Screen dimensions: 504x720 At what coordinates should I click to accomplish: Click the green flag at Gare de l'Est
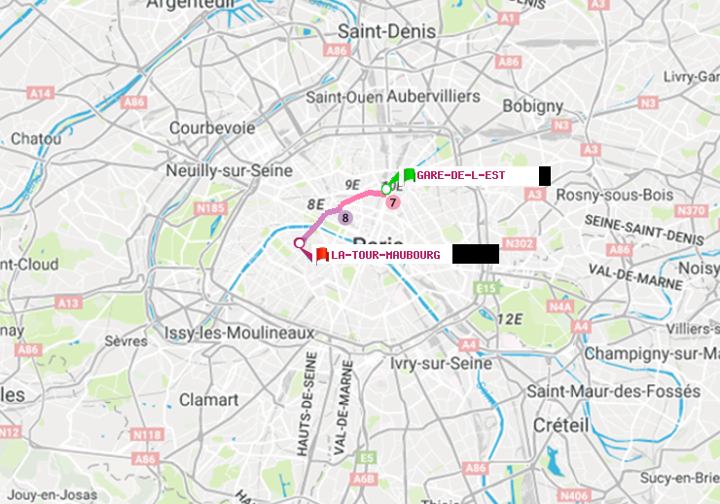pyautogui.click(x=410, y=175)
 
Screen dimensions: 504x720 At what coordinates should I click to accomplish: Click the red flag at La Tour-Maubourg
pyautogui.click(x=322, y=254)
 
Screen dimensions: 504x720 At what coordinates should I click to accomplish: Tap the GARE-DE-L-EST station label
pyautogui.click(x=460, y=175)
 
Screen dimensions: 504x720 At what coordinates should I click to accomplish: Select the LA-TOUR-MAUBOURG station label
pyautogui.click(x=385, y=255)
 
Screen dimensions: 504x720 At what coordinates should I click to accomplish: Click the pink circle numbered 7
pyautogui.click(x=392, y=202)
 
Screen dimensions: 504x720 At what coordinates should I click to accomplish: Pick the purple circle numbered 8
pyautogui.click(x=344, y=217)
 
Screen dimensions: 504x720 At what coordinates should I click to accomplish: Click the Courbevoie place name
pyautogui.click(x=212, y=127)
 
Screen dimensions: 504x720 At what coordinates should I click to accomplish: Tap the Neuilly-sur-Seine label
pyautogui.click(x=230, y=170)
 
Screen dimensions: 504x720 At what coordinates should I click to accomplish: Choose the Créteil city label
pyautogui.click(x=561, y=425)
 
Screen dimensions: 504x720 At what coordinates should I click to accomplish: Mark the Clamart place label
pyautogui.click(x=208, y=400)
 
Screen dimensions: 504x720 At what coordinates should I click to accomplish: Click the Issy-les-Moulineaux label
pyautogui.click(x=239, y=333)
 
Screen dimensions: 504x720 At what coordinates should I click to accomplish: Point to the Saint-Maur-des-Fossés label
pyautogui.click(x=613, y=390)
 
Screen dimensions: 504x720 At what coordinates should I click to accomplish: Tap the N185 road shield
pyautogui.click(x=210, y=207)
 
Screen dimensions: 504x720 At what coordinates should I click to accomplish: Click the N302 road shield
pyautogui.click(x=521, y=243)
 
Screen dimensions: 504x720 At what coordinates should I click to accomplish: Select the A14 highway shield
pyautogui.click(x=40, y=92)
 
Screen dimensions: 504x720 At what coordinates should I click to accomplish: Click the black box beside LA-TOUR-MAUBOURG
pyautogui.click(x=476, y=254)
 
